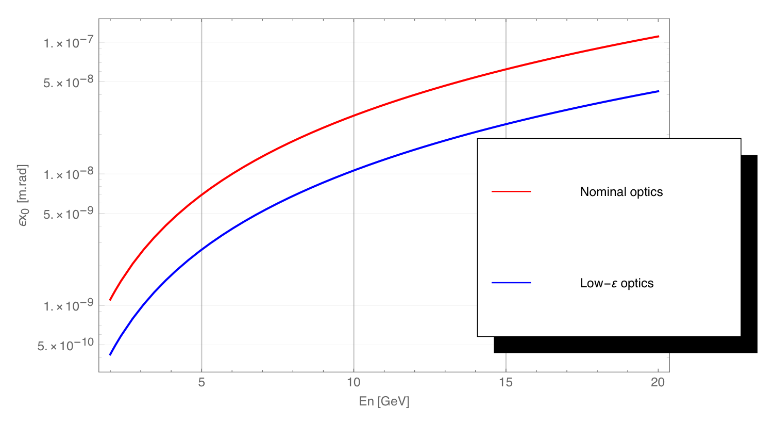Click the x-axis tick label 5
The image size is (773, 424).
click(201, 383)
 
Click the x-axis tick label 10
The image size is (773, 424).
click(354, 383)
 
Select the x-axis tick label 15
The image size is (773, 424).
click(506, 383)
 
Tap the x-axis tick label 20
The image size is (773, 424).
click(658, 383)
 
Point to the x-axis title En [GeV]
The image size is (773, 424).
click(384, 402)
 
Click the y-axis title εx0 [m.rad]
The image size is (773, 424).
click(23, 195)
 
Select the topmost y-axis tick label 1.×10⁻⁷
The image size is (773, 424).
click(69, 43)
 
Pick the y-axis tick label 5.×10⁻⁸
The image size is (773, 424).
click(69, 82)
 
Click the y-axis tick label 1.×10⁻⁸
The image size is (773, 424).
click(69, 174)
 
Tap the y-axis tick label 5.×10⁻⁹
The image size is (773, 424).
click(69, 214)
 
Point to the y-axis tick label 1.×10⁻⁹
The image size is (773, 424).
click(69, 306)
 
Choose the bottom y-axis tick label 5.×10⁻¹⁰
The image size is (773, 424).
click(66, 345)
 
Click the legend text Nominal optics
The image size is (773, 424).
click(621, 192)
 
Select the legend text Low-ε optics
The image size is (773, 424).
click(616, 283)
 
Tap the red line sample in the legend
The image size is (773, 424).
click(511, 191)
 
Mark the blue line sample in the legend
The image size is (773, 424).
click(511, 283)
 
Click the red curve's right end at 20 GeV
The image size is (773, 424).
click(658, 36)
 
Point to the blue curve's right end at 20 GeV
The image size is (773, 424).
click(658, 91)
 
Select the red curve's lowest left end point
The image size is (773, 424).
click(110, 300)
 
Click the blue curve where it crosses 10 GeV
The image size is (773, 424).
click(354, 170)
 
